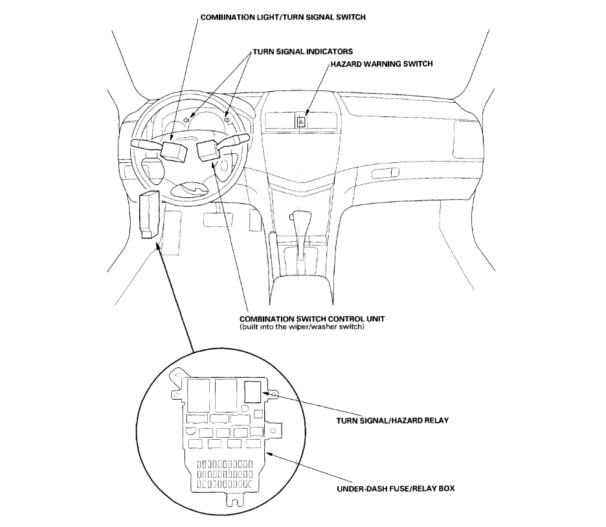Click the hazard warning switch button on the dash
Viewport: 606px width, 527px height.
pos(301,120)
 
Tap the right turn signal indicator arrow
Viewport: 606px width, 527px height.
pos(227,118)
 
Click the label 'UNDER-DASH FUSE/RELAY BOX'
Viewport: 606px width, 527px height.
pos(396,488)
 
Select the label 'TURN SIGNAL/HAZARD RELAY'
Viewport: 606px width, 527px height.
pos(392,420)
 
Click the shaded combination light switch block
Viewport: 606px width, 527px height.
pos(174,150)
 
